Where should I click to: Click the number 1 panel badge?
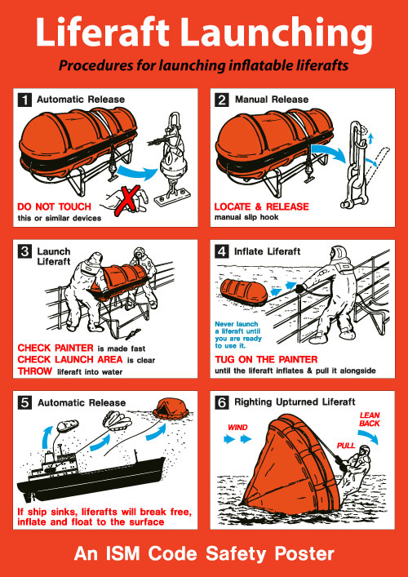pyautogui.click(x=24, y=100)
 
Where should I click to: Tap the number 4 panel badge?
pyautogui.click(x=222, y=251)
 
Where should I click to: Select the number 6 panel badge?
pyautogui.click(x=222, y=403)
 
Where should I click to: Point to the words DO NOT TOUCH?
pyautogui.click(x=54, y=206)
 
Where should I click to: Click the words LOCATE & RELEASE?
pyautogui.click(x=262, y=206)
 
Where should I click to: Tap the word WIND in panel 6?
pyautogui.click(x=237, y=428)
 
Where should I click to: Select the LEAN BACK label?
pyautogui.click(x=370, y=419)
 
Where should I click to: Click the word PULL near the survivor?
pyautogui.click(x=346, y=446)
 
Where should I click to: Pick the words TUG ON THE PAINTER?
pyautogui.click(x=266, y=359)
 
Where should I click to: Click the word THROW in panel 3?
pyautogui.click(x=35, y=371)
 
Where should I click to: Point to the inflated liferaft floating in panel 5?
pyautogui.click(x=172, y=407)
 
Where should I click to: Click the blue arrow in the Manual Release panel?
pyautogui.click(x=329, y=152)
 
